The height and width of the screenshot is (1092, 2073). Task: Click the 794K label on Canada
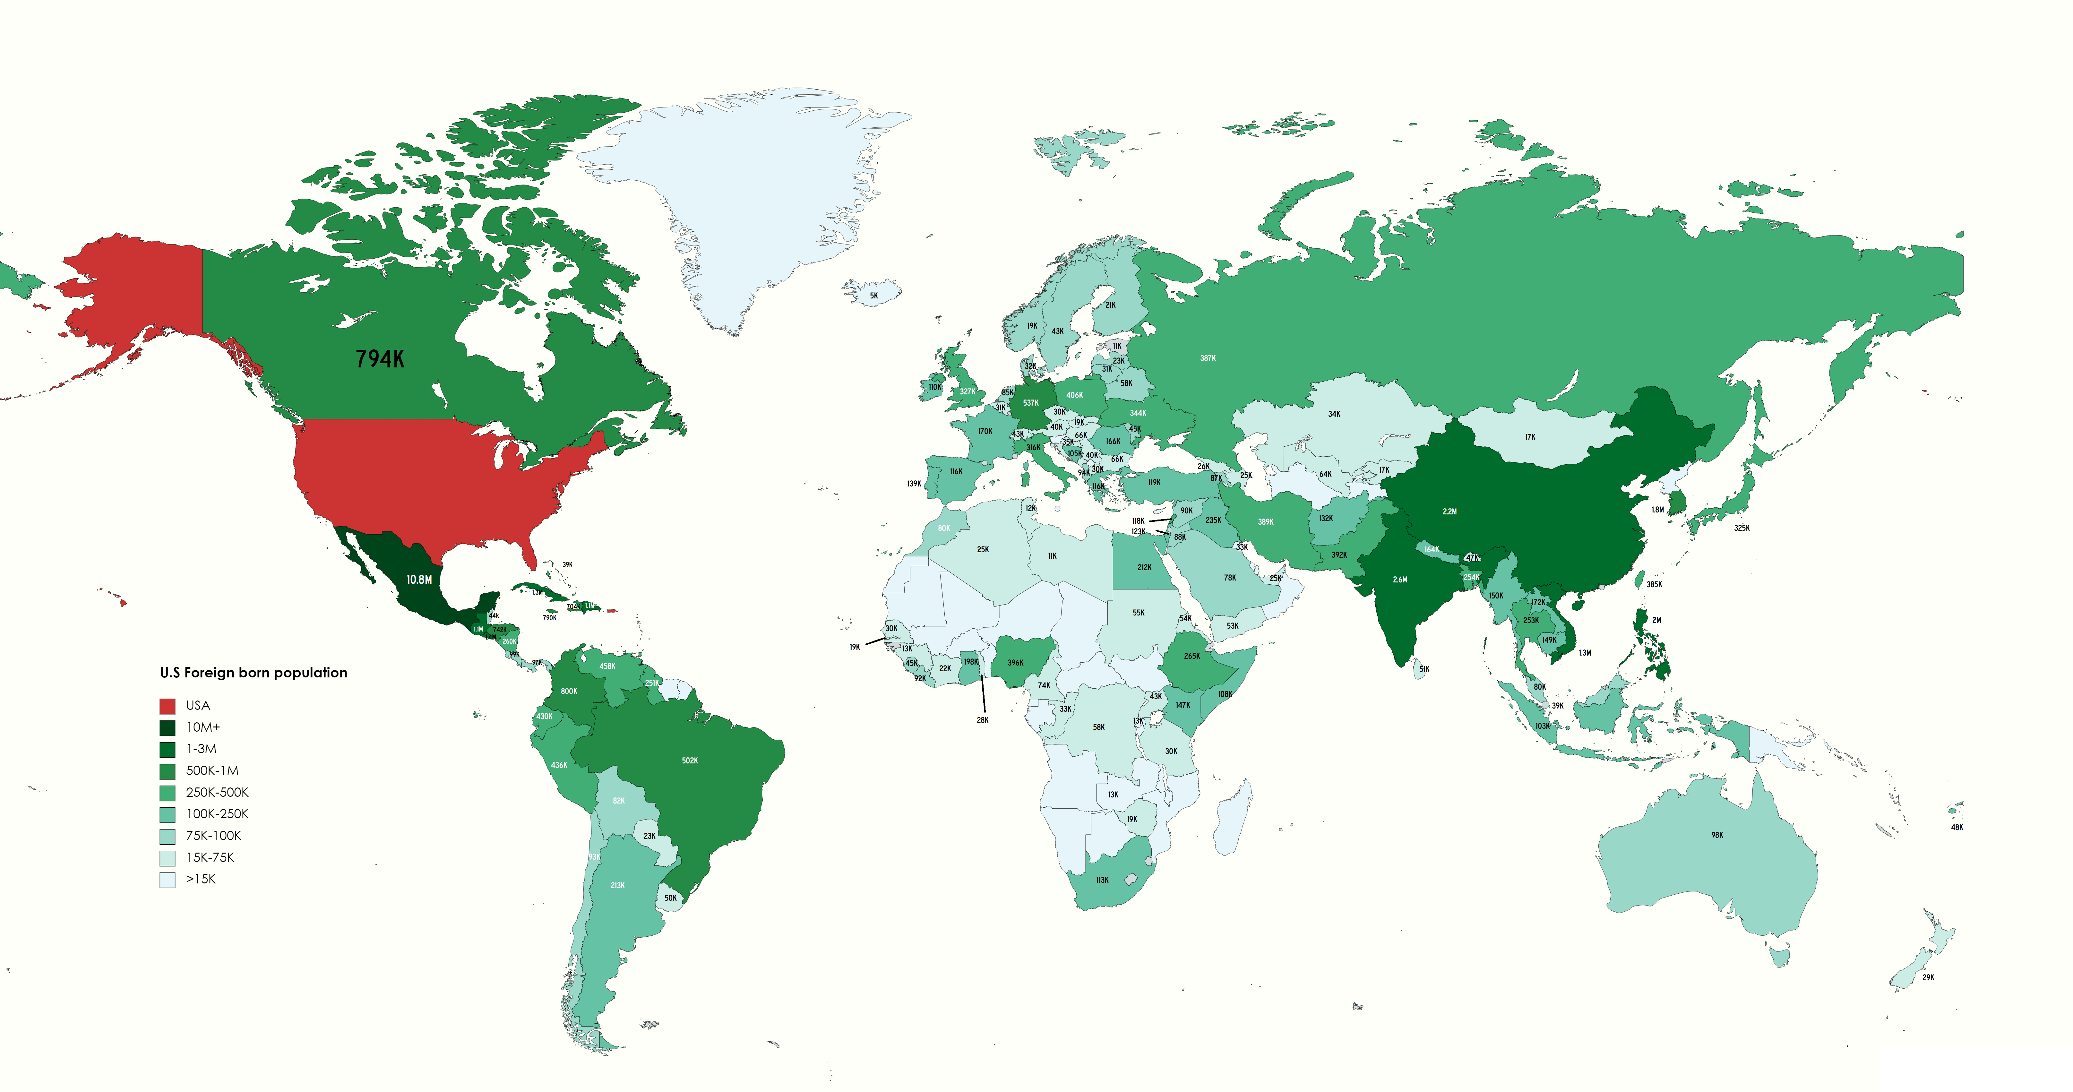click(x=380, y=359)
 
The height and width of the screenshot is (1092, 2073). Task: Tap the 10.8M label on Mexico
click(x=418, y=580)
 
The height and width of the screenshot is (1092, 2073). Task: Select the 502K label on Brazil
click(x=690, y=761)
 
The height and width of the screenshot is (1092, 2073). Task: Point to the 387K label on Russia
click(x=1208, y=358)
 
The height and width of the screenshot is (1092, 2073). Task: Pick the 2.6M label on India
click(x=1400, y=580)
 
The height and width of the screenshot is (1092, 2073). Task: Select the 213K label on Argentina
click(x=617, y=885)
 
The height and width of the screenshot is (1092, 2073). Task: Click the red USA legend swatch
click(x=168, y=706)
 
